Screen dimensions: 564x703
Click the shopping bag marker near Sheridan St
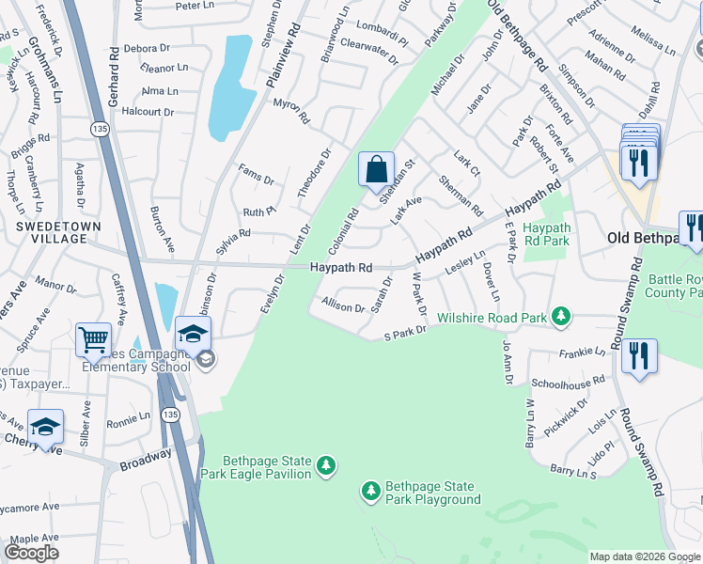tap(376, 170)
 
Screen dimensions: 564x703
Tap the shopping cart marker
tap(94, 340)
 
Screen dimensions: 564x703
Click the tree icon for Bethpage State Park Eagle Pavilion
tap(327, 465)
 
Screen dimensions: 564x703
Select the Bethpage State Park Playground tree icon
tap(371, 491)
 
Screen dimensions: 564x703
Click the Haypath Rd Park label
tap(546, 234)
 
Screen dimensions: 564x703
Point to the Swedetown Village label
tap(52, 232)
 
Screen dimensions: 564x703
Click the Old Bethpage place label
tap(644, 238)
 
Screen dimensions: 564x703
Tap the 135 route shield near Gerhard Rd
tap(99, 127)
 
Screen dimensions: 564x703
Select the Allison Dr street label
tap(343, 305)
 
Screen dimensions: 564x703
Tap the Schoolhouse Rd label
tap(568, 384)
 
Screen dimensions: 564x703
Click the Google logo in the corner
tap(31, 553)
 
